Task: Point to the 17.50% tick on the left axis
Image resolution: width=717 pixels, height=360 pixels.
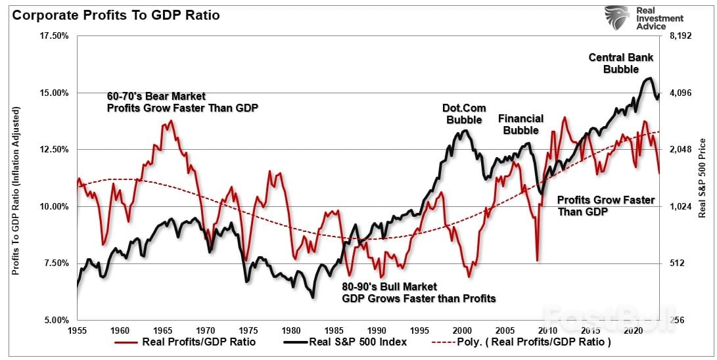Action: coord(55,35)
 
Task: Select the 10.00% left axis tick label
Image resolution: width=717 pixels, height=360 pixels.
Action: coord(55,206)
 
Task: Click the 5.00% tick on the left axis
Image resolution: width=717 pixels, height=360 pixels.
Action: coord(57,321)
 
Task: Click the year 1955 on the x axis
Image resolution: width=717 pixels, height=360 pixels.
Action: coord(77,330)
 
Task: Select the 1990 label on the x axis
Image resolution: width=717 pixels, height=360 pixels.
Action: coord(377,330)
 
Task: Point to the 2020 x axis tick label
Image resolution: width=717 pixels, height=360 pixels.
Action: coord(634,330)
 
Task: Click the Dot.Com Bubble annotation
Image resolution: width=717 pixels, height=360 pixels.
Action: coord(464,114)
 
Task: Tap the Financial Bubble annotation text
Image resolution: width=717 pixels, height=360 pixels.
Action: coord(520,124)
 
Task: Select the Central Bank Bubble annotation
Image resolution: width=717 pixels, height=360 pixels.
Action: coord(620,63)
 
